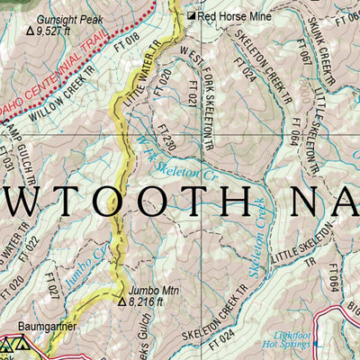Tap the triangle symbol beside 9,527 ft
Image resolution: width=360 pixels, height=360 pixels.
(31, 30)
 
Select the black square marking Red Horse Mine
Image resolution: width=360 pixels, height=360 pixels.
(191, 16)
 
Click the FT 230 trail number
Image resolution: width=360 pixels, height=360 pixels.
(164, 140)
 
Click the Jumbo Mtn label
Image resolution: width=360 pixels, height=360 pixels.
(148, 290)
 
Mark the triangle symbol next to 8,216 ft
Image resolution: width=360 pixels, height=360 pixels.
(121, 301)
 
